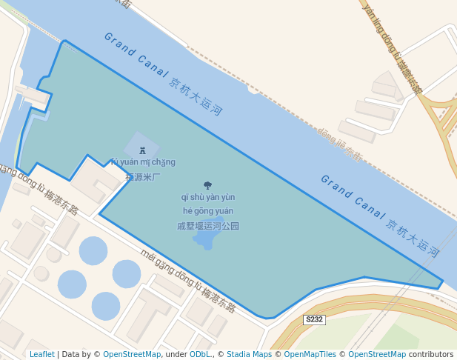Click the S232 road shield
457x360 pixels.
315,319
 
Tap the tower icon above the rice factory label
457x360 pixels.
142,150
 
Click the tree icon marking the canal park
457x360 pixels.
207,185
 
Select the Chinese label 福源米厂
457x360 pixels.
142,177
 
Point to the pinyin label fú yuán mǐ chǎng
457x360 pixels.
143,162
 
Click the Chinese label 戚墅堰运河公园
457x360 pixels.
208,226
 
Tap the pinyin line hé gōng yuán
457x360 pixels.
208,211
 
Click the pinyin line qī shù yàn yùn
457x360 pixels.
208,197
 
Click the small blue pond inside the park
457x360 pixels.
205,240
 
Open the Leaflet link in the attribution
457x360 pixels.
42,354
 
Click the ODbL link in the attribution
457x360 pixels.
200,354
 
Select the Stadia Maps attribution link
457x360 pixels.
249,354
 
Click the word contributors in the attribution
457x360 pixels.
431,354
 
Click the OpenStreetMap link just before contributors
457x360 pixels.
377,354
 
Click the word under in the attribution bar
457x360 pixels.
176,354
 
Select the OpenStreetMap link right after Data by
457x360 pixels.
132,354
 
